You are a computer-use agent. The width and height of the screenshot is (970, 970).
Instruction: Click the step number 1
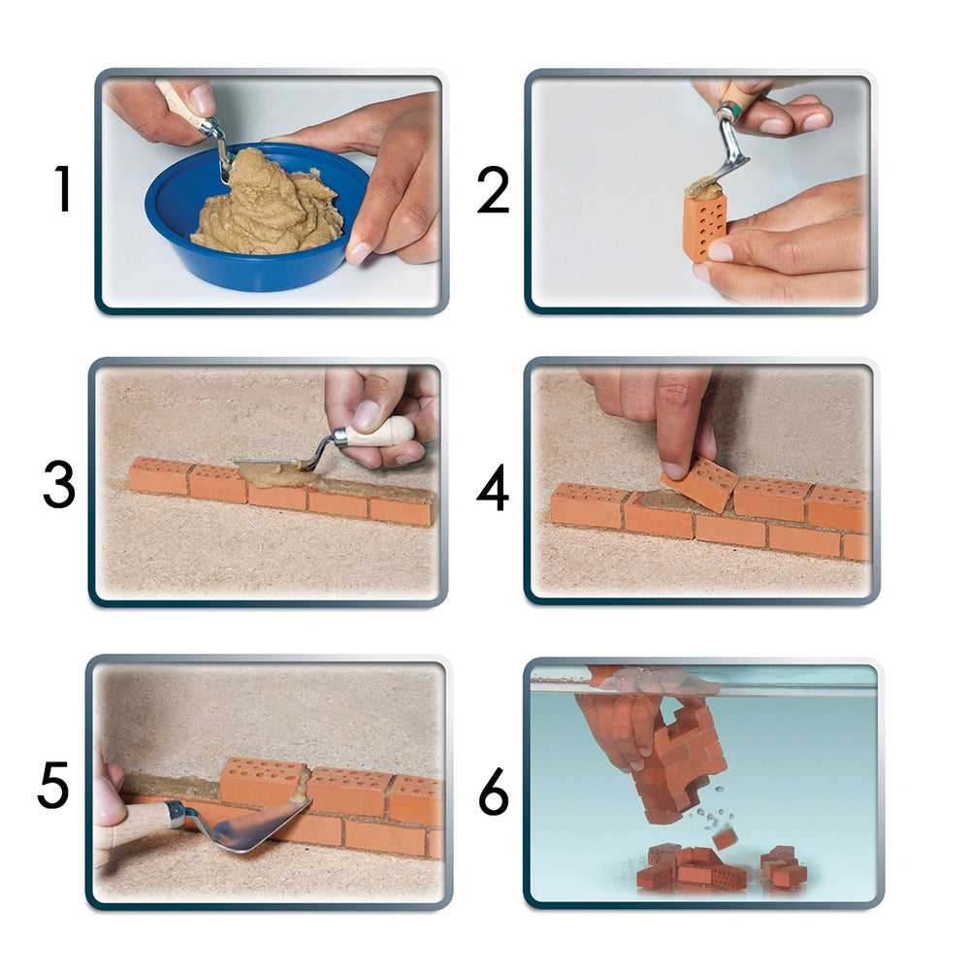click(62, 189)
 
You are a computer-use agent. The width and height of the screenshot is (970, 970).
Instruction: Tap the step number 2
click(493, 190)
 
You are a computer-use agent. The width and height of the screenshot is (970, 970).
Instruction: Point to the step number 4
click(493, 488)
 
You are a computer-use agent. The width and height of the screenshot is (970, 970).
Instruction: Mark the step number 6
click(494, 792)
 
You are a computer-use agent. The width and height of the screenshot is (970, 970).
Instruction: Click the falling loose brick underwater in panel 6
click(723, 838)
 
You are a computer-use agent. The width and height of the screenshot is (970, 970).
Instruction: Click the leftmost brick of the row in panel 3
click(160, 475)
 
